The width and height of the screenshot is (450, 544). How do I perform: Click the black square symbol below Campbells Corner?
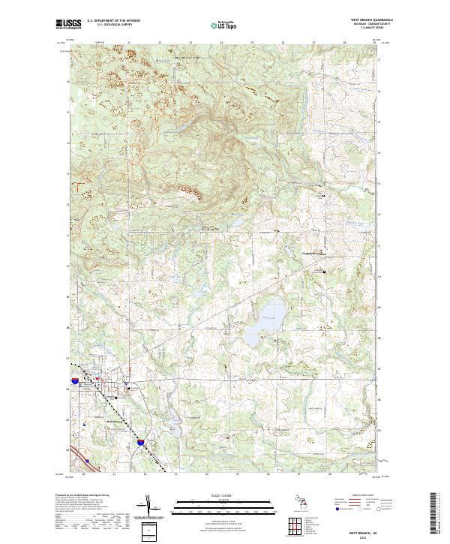[x=325, y=271]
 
